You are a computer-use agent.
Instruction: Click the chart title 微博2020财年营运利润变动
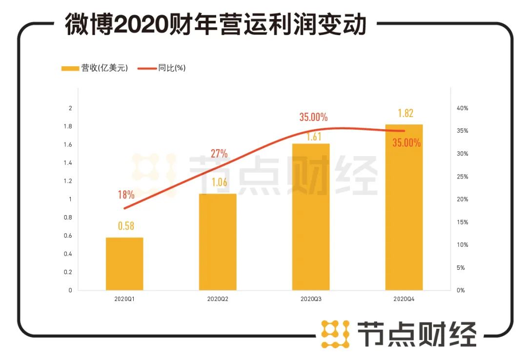pyautogui.click(x=215, y=25)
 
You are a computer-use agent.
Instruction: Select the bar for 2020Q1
pyautogui.click(x=124, y=264)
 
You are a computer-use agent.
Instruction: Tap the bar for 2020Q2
pyautogui.click(x=218, y=242)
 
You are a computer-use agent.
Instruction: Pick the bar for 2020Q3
pyautogui.click(x=311, y=217)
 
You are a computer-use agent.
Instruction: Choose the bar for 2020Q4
pyautogui.click(x=404, y=207)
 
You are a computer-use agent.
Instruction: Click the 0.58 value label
pyautogui.click(x=125, y=226)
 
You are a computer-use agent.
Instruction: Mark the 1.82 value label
pyautogui.click(x=405, y=113)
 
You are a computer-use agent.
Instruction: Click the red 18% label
pyautogui.click(x=125, y=195)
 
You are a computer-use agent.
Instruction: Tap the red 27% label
pyautogui.click(x=219, y=154)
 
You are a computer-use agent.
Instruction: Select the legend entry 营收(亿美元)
pyautogui.click(x=95, y=68)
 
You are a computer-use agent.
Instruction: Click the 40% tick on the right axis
pyautogui.click(x=462, y=108)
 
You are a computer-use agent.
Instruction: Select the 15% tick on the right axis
pyautogui.click(x=462, y=222)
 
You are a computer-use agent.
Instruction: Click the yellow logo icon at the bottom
pyautogui.click(x=335, y=334)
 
